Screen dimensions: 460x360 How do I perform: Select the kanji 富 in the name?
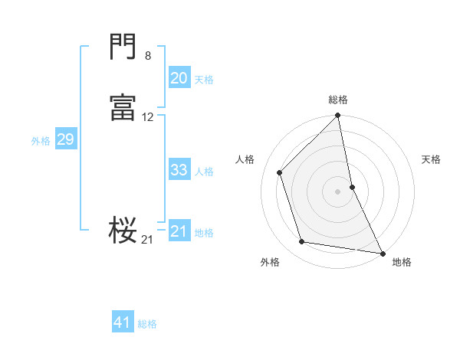click(123, 107)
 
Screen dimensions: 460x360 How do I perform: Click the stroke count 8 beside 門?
click(148, 55)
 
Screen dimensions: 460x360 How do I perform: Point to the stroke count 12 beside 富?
click(148, 117)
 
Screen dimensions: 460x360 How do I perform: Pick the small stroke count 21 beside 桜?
click(147, 240)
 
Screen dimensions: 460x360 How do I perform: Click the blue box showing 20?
click(179, 77)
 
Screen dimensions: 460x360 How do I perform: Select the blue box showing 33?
click(179, 170)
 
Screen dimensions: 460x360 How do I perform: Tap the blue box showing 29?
click(65, 139)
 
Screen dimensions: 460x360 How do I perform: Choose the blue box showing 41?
click(123, 322)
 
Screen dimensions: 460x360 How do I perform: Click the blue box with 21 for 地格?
click(179, 231)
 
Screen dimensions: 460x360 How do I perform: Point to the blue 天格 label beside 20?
click(204, 80)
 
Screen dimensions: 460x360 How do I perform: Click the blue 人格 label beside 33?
click(204, 172)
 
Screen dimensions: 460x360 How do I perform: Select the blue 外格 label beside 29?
click(41, 141)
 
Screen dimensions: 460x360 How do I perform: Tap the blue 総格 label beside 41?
click(147, 324)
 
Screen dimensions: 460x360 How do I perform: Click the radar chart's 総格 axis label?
click(338, 100)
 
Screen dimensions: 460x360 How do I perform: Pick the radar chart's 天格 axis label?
click(431, 159)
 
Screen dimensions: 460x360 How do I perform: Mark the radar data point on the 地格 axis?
click(382, 252)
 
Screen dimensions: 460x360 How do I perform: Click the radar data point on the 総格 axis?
click(338, 116)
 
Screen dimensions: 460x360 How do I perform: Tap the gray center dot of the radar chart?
click(338, 191)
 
